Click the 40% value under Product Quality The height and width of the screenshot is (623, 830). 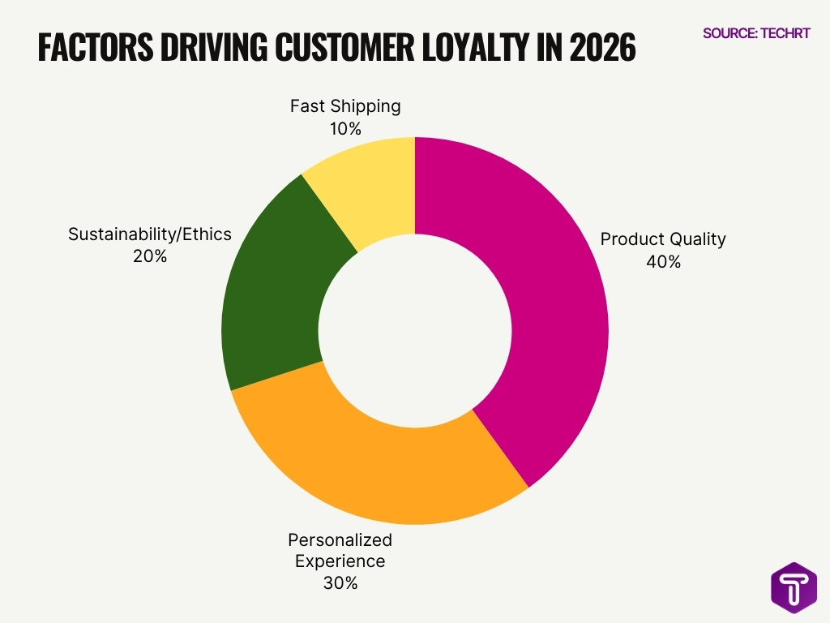point(663,262)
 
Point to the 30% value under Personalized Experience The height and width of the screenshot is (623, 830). point(340,582)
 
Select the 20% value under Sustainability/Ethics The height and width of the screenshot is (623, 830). point(150,257)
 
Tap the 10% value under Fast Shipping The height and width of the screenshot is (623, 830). point(345,129)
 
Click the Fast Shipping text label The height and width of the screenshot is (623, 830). point(345,106)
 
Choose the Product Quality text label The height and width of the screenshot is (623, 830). point(663,239)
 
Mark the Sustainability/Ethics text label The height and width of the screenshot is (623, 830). point(150,234)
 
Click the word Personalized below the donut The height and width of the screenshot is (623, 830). point(340,539)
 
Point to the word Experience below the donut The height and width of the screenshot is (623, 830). point(340,561)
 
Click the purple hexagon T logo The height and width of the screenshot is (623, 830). point(793,586)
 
